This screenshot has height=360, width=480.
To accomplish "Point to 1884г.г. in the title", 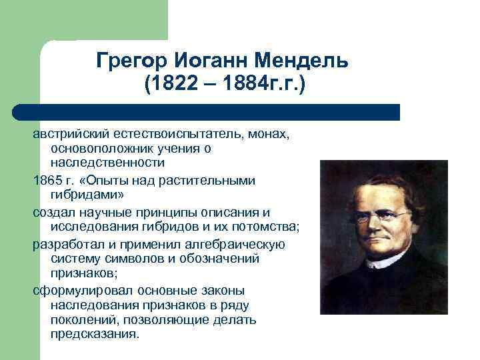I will [261, 85].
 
